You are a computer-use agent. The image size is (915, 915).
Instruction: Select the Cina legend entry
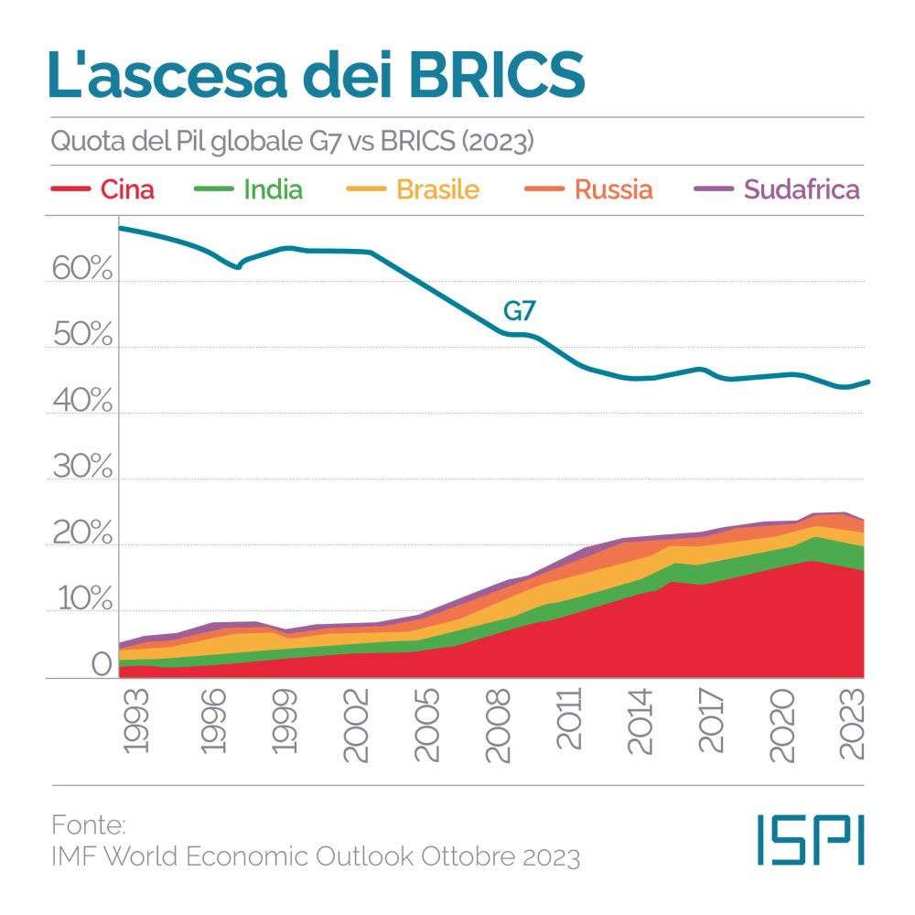click(126, 189)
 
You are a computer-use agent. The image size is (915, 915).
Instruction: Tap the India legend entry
click(273, 189)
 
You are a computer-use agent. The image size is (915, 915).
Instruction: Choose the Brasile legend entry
click(437, 189)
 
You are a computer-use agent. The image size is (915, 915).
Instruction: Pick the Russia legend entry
click(613, 189)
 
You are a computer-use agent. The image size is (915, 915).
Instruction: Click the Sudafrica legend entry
click(802, 189)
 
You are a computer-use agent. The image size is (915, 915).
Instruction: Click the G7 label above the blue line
click(520, 311)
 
